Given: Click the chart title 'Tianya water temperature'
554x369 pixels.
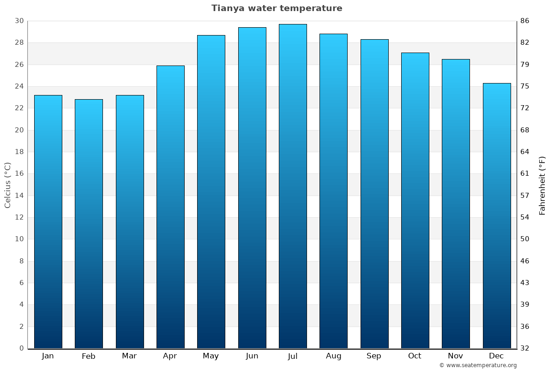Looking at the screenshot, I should pos(277,8).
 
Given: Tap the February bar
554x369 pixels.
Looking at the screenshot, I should pos(89,224).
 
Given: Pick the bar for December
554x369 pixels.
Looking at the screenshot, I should pos(497,216).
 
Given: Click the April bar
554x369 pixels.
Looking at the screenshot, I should pos(170,207).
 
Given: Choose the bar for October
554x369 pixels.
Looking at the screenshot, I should pos(415,201).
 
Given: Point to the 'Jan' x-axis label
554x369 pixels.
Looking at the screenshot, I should pos(48,356).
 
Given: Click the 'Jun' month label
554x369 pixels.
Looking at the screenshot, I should pos(252,356).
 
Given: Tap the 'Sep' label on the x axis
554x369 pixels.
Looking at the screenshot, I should pos(374,356).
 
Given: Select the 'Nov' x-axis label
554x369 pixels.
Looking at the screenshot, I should pos(456,356).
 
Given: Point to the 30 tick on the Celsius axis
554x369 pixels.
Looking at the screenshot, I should pos(19,21).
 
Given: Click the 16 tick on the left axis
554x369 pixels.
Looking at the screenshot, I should pos(19,174).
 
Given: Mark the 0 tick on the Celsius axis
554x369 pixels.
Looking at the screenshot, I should pos(21,348).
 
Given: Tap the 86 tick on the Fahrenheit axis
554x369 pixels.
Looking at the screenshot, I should pos(525,21).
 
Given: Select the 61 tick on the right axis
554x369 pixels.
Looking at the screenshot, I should pos(525,174).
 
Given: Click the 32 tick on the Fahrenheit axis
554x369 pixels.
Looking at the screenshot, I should pos(525,348).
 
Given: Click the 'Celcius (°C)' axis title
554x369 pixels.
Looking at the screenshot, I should pos(7,185).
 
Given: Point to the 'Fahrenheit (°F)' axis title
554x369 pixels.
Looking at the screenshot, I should pos(542,185).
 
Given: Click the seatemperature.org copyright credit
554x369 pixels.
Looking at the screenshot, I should pos(478,365).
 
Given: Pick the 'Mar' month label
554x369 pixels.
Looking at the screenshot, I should pos(129,356).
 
